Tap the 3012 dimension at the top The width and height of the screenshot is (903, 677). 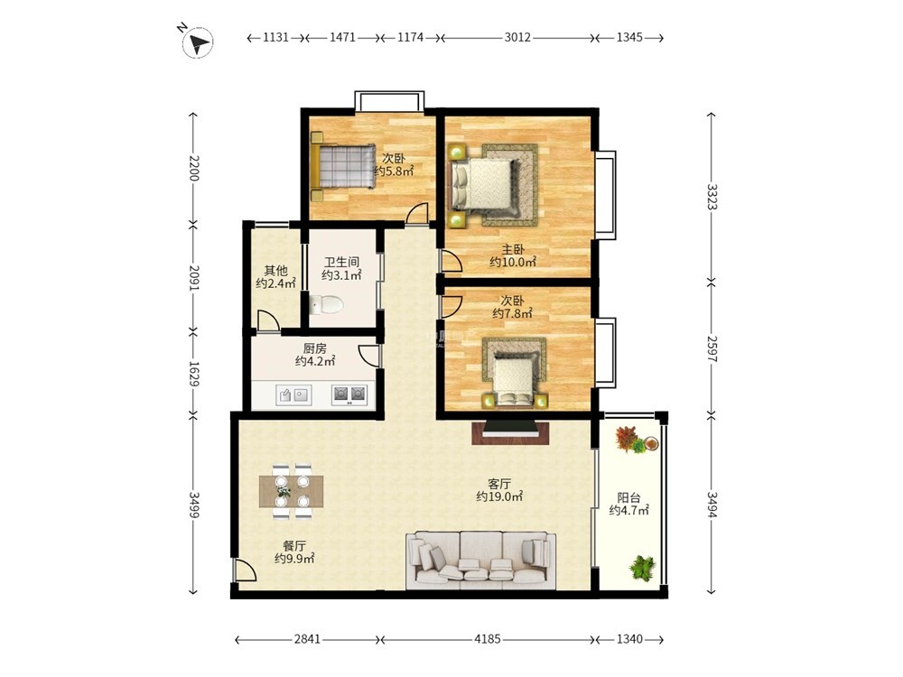[x=517, y=37]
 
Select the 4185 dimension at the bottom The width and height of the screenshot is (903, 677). [x=488, y=639]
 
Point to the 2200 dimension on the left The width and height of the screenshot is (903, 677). [x=193, y=168]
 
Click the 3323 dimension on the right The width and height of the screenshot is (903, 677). [x=712, y=197]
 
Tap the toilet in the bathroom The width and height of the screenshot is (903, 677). [x=325, y=304]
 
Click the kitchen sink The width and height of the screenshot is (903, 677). [x=293, y=395]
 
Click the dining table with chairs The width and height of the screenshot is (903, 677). [x=291, y=491]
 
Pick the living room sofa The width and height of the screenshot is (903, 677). [x=481, y=561]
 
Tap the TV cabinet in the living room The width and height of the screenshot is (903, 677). [x=510, y=432]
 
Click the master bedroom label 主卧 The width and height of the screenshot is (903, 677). [x=513, y=250]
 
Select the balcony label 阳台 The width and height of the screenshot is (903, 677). [x=628, y=498]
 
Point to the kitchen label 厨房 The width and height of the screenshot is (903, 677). [x=315, y=348]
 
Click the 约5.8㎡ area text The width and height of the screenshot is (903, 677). [x=395, y=171]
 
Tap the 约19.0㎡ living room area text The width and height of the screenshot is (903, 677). [x=499, y=496]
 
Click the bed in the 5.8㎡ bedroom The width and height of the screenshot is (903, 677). [x=342, y=166]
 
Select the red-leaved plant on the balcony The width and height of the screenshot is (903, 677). [x=628, y=438]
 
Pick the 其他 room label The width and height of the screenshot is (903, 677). [x=275, y=270]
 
